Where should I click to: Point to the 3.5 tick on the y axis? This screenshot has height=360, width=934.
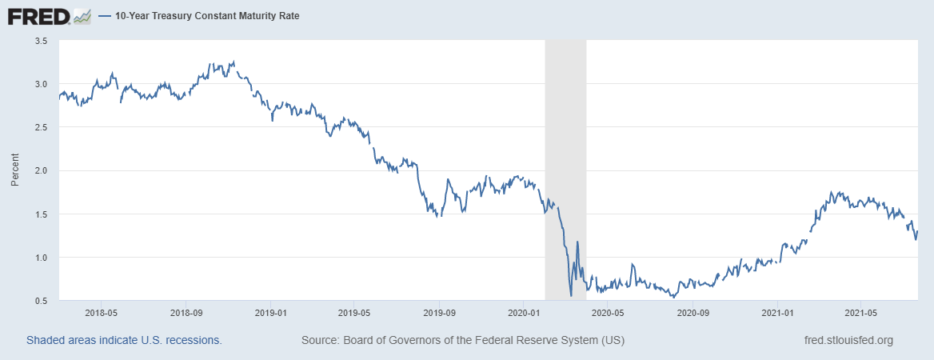click(41, 41)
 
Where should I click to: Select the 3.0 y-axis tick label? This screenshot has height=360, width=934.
click(41, 84)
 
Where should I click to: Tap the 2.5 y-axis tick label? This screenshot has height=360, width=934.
click(41, 127)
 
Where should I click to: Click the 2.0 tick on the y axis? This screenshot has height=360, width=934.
click(41, 170)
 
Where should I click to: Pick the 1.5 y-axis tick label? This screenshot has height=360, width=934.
click(41, 214)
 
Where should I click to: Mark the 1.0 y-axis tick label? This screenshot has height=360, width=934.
click(41, 258)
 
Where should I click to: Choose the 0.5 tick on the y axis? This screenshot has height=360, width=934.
click(41, 301)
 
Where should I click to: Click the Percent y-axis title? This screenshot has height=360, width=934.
click(14, 170)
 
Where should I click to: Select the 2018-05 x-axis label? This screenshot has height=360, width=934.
click(102, 313)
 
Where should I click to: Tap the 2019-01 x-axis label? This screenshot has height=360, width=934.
click(270, 313)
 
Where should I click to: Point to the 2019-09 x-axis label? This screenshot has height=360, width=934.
click(439, 313)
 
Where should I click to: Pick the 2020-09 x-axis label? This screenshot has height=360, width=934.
click(693, 313)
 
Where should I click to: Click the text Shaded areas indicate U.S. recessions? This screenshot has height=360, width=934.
click(124, 341)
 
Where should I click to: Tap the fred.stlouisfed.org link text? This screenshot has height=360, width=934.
click(848, 341)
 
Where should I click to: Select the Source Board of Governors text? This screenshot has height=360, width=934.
click(463, 341)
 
